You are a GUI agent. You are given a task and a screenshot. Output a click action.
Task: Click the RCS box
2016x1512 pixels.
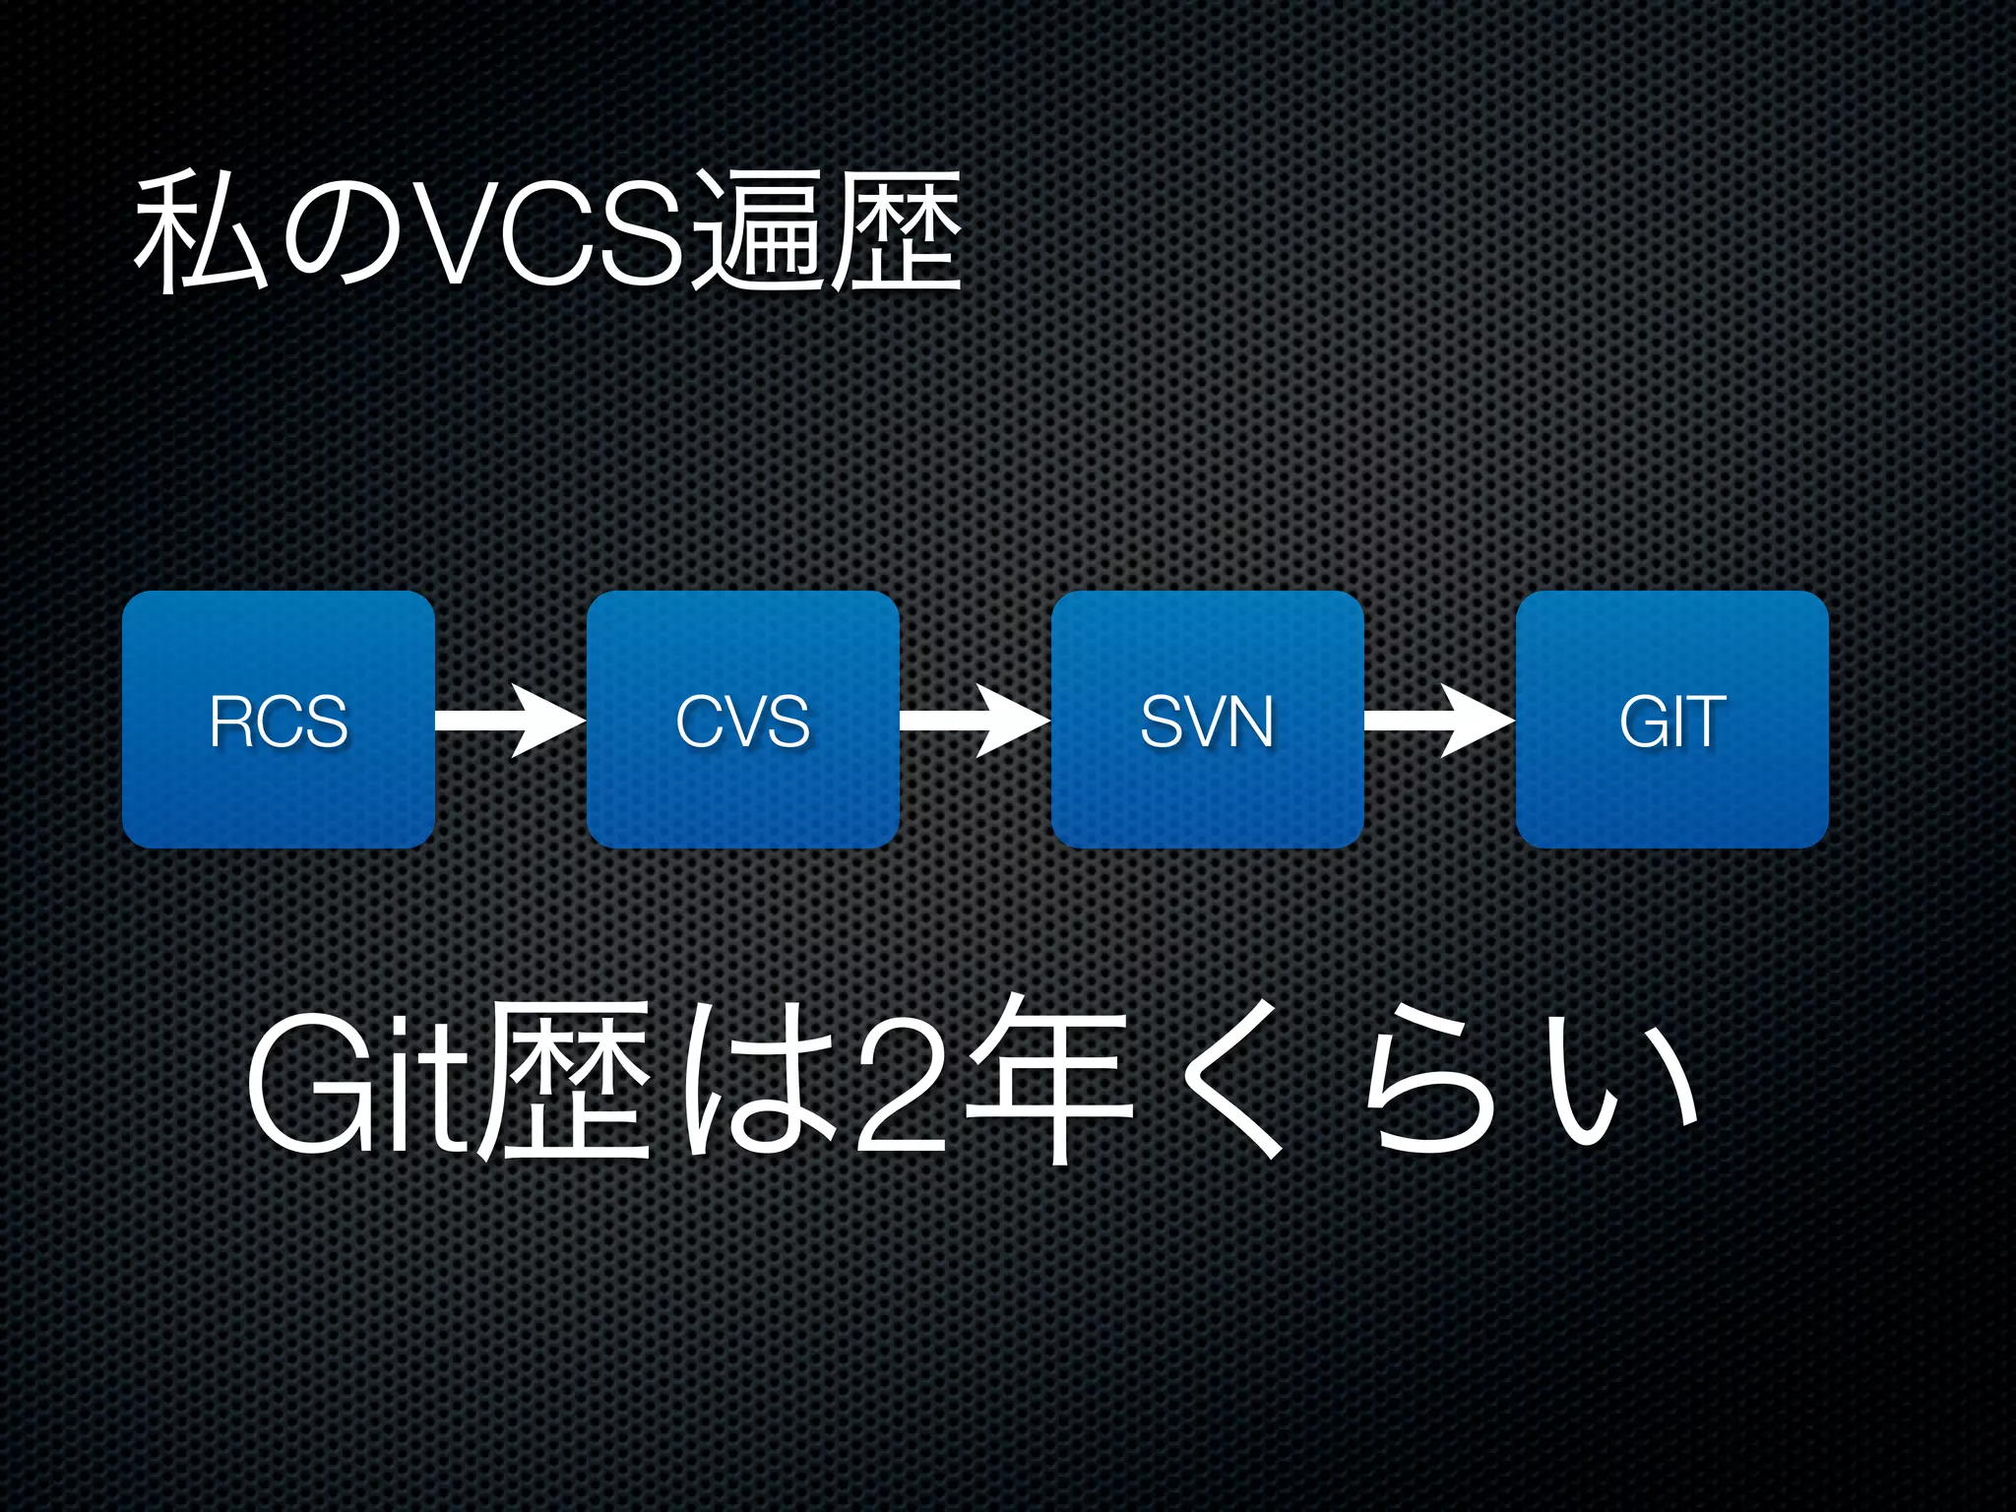coord(279,720)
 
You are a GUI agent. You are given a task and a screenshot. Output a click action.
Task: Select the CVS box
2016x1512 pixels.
coord(743,720)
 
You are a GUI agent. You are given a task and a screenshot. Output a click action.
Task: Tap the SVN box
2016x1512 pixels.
coord(1208,720)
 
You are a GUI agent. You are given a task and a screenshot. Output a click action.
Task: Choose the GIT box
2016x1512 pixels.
coord(1671,720)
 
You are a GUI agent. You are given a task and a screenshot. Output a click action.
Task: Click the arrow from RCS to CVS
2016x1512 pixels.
coord(510,722)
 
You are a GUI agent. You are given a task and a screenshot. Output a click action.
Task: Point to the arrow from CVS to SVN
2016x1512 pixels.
coord(975,722)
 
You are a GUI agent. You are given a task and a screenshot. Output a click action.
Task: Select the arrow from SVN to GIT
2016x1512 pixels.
coord(1439,722)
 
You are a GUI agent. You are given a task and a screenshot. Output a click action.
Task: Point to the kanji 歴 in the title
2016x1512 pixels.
coord(896,233)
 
